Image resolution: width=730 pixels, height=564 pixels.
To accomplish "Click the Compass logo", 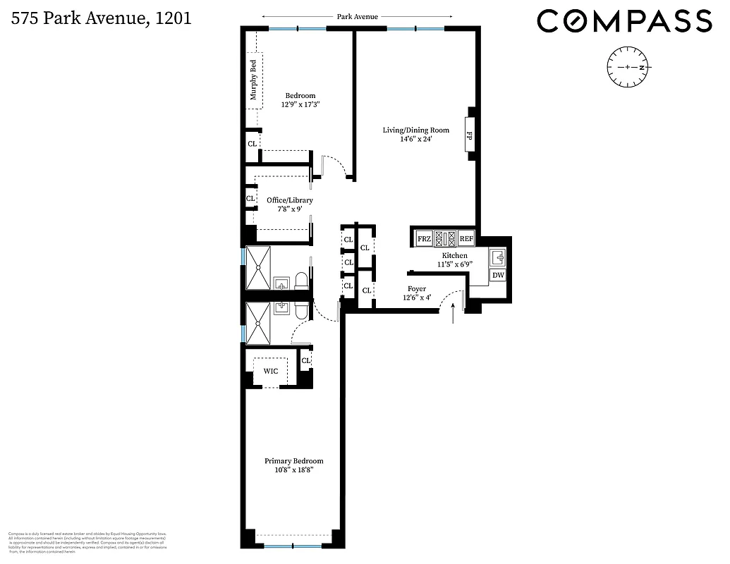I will click(x=624, y=21).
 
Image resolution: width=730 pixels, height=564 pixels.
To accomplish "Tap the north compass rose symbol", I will click(x=628, y=68).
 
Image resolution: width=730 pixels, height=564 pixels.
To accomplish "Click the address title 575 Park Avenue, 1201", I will click(x=101, y=18).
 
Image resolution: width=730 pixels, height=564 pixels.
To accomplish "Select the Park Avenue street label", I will click(x=357, y=16).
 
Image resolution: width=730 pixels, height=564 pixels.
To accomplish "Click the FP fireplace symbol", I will click(x=469, y=134).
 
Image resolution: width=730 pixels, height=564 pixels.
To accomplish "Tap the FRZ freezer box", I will click(x=424, y=238).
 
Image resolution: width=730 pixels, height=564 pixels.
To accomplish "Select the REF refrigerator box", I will click(x=467, y=238).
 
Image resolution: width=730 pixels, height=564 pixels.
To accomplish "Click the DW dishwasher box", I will click(x=498, y=276).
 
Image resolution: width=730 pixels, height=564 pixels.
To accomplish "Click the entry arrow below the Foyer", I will click(x=452, y=311).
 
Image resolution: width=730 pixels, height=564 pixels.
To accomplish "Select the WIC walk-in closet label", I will click(x=271, y=371).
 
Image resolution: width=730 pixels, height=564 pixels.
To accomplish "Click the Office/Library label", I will click(x=289, y=200).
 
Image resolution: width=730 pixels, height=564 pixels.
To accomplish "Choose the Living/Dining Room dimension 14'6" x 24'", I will click(x=415, y=139).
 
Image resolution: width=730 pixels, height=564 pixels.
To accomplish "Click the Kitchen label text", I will click(x=455, y=255).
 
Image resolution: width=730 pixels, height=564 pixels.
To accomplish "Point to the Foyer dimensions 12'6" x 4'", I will click(x=416, y=298).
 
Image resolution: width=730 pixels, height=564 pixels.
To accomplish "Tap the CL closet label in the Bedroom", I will click(x=252, y=144).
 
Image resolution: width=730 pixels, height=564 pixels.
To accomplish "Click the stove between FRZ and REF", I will click(x=446, y=238).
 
